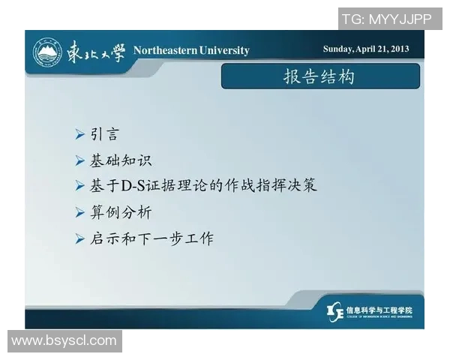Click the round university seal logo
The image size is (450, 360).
[x=46, y=52]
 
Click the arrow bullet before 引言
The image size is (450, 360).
[x=80, y=136]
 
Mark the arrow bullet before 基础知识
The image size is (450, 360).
[x=80, y=160]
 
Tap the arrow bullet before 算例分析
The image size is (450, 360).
[x=80, y=212]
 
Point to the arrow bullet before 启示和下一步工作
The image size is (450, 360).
[x=80, y=238]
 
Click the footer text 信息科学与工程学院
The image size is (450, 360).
[x=379, y=308]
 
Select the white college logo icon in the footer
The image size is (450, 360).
[x=335, y=310]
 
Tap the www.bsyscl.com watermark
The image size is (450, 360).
[x=64, y=341]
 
